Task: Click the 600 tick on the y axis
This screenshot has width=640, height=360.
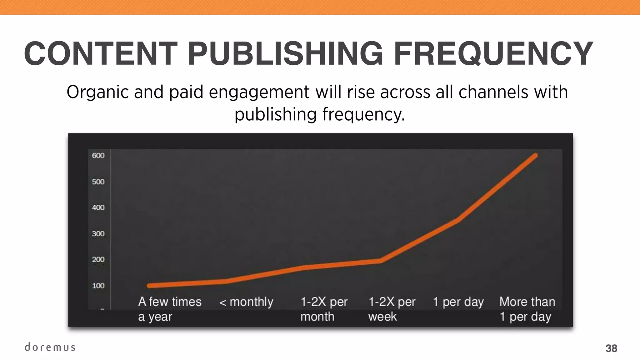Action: [98, 156]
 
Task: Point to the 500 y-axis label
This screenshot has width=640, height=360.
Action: [98, 182]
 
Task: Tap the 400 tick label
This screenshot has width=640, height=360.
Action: [98, 207]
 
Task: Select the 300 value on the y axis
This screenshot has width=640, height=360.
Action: [98, 234]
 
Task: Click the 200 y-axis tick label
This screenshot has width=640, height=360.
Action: [98, 259]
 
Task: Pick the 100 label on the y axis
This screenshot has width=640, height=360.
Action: [98, 286]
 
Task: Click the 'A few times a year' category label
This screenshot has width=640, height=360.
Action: [170, 309]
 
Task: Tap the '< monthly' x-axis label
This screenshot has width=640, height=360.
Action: [246, 302]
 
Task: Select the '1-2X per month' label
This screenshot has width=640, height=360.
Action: [324, 309]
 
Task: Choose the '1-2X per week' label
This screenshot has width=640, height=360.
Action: [392, 309]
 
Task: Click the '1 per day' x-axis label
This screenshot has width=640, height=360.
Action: [458, 302]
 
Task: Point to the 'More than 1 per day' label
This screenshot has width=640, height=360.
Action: [527, 309]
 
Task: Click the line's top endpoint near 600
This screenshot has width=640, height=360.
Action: [535, 155]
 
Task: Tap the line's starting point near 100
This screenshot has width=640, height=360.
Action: [149, 286]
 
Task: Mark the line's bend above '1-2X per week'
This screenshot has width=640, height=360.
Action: [380, 261]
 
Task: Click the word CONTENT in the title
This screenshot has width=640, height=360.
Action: [101, 54]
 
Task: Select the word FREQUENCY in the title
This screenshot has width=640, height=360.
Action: [493, 54]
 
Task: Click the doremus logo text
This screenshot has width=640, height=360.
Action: [50, 347]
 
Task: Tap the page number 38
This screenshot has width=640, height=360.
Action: [611, 348]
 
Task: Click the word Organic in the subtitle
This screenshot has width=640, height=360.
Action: [97, 92]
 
